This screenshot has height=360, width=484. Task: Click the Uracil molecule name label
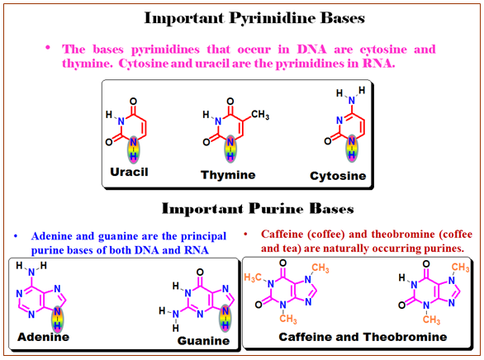point(129,172)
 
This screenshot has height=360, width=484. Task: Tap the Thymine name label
point(228,175)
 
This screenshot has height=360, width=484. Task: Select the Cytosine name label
point(338,176)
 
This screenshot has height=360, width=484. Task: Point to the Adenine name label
point(43,337)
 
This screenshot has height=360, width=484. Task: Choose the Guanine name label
point(203,340)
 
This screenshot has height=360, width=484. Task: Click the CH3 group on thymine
point(260,115)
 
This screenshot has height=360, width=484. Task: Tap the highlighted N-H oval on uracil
point(133,149)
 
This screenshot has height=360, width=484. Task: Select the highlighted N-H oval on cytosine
point(352,149)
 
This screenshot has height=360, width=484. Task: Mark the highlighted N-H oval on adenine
point(58,319)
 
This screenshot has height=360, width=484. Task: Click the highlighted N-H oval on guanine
point(225,318)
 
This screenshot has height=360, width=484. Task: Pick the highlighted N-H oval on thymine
point(230,149)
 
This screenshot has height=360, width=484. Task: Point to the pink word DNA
point(311,50)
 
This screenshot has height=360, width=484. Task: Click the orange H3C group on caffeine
point(253,277)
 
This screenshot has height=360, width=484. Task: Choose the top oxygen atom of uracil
point(133,102)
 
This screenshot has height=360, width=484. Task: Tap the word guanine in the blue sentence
point(119,236)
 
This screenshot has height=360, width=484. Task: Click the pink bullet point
point(48,48)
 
